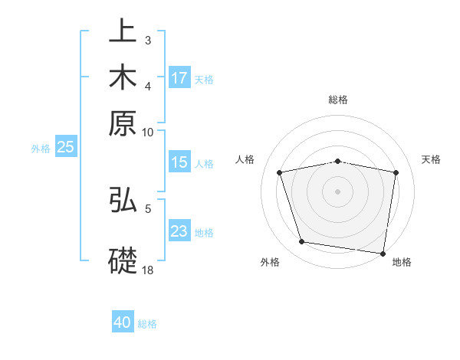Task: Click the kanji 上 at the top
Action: point(123,33)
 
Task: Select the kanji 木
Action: point(123,77)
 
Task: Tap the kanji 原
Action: point(123,123)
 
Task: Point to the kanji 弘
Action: point(123,200)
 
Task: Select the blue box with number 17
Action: point(179,78)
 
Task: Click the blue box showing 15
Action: point(179,162)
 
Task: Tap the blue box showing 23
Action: point(179,231)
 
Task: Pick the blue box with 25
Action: point(65,148)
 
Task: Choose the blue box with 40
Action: point(123,322)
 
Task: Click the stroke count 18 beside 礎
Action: point(147,270)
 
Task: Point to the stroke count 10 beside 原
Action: point(147,132)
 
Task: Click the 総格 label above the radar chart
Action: point(338,100)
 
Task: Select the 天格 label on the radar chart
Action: point(432,159)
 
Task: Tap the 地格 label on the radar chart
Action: point(402,262)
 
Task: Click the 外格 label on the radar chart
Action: point(270,262)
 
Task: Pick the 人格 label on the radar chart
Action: point(245,159)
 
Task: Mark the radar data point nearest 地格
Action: point(383,253)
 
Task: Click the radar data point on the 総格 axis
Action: point(338,161)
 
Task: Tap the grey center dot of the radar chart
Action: point(338,191)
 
